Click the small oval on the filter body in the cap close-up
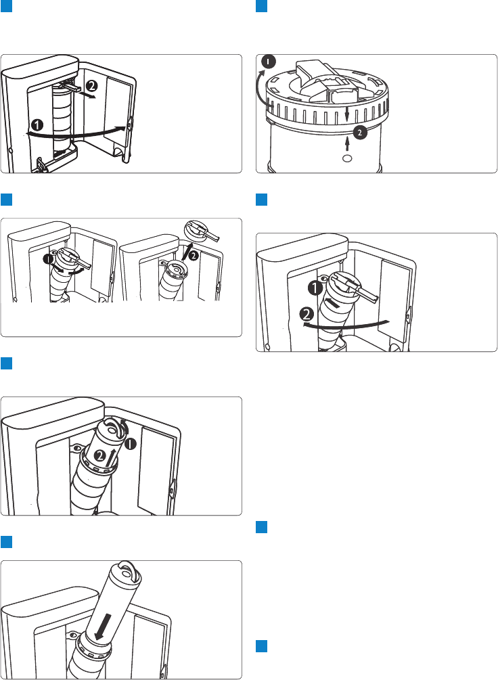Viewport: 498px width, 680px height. (346, 158)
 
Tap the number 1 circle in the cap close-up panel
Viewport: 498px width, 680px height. (269, 62)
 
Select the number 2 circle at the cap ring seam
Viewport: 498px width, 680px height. (360, 132)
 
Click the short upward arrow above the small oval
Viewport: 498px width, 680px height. (346, 144)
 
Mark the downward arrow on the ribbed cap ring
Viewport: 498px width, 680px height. (346, 114)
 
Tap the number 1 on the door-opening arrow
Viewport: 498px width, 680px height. (38, 126)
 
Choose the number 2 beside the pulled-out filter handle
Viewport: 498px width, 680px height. (91, 85)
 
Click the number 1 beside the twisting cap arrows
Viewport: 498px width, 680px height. (49, 260)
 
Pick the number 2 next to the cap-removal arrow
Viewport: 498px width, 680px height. (194, 256)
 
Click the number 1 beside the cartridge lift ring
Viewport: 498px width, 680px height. (131, 444)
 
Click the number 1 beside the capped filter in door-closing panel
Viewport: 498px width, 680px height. (315, 288)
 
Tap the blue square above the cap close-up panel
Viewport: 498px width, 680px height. (262, 6)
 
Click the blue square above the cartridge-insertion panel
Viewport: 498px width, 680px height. (6, 542)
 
